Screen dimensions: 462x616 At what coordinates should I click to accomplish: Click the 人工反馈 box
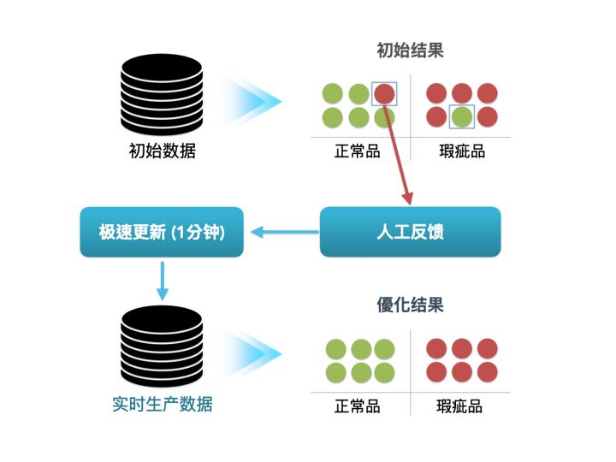[x=410, y=232]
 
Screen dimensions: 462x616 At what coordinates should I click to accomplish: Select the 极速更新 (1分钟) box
[x=162, y=232]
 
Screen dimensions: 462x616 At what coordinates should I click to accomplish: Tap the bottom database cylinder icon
[x=162, y=347]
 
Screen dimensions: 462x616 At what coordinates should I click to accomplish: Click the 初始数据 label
[x=162, y=152]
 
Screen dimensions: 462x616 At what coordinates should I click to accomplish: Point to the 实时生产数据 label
[x=162, y=404]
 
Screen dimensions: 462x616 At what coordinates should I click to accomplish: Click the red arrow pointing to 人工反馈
[x=400, y=153]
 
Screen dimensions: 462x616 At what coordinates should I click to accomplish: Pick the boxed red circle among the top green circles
[x=384, y=92]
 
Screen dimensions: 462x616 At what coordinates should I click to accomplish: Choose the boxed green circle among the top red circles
[x=462, y=115]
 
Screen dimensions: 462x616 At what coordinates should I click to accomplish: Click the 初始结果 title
[x=411, y=50]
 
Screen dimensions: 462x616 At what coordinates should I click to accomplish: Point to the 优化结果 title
[x=411, y=305]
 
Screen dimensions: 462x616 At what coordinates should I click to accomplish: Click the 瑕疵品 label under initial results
[x=462, y=152]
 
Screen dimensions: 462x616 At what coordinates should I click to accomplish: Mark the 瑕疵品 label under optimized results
[x=462, y=406]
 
